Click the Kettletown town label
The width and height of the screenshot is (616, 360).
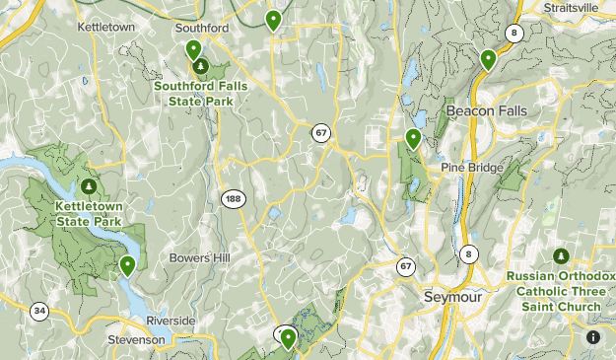[x=105, y=27]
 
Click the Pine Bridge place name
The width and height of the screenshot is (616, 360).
[x=480, y=168]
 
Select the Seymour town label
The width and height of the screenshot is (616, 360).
[x=449, y=297]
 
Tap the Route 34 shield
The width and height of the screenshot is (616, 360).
[x=38, y=312]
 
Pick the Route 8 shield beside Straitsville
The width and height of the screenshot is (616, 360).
[x=513, y=33]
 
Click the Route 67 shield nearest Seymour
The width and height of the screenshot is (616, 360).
[x=406, y=266]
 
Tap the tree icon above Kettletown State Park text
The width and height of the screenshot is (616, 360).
[x=90, y=185]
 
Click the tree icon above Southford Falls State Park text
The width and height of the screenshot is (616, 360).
[x=201, y=67]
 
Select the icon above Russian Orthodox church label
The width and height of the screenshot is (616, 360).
[x=560, y=256]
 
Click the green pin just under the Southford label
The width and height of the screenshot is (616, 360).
[x=193, y=49]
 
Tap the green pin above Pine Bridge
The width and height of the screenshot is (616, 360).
[x=413, y=138]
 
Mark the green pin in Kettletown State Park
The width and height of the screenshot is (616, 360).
[x=127, y=264]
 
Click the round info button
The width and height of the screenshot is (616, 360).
[x=593, y=337]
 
